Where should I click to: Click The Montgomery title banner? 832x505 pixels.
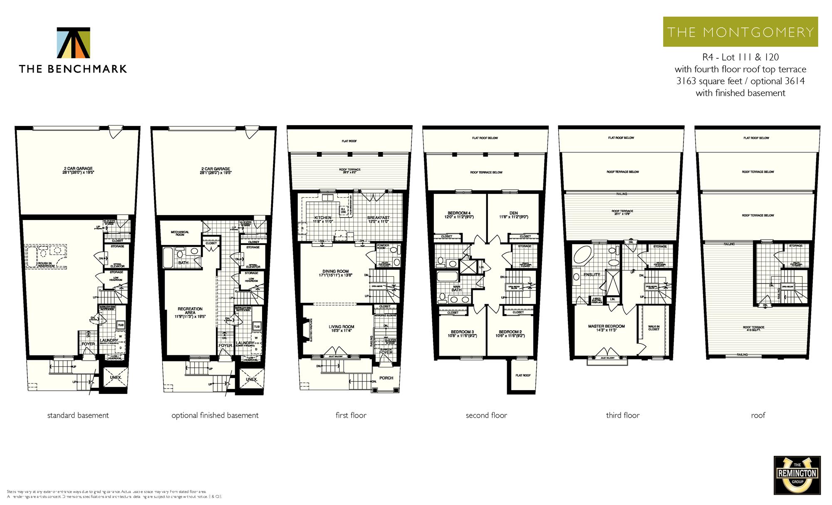[740, 32]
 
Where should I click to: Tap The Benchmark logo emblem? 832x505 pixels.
[74, 43]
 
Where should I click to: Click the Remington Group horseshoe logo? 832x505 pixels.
[797, 475]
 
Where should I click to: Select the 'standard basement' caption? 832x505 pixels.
[78, 415]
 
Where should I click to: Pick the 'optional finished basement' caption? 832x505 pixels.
[215, 415]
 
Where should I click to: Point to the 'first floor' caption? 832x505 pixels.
[351, 415]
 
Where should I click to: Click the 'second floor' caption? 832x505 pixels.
[486, 415]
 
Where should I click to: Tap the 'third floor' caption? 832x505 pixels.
[622, 415]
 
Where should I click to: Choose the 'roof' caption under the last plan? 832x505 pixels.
[758, 415]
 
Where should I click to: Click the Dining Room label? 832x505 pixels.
[335, 273]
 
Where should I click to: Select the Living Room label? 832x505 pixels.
[341, 329]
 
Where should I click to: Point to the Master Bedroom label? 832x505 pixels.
[606, 328]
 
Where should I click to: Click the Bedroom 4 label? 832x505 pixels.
[459, 215]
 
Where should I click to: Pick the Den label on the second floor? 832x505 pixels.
[514, 215]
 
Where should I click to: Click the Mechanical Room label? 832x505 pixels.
[180, 233]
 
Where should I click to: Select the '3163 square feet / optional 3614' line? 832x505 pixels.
[740, 81]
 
